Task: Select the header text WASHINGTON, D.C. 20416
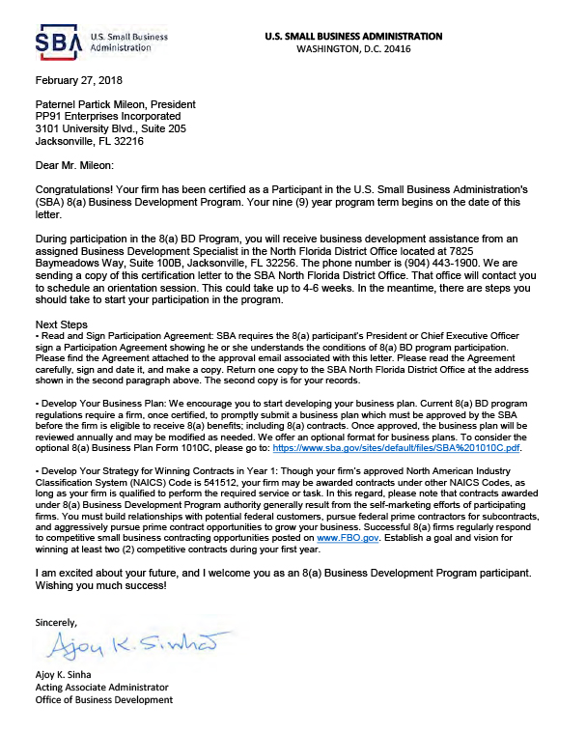click(352, 48)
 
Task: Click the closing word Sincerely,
click(56, 619)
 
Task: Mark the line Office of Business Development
click(103, 699)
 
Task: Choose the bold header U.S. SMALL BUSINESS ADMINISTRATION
click(352, 36)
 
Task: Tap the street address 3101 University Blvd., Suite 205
click(110, 128)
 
